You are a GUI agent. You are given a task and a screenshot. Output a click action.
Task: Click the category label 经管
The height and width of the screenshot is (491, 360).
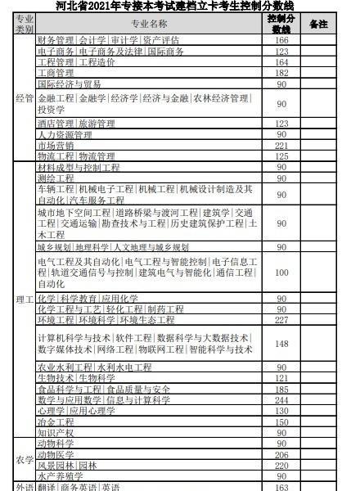25,98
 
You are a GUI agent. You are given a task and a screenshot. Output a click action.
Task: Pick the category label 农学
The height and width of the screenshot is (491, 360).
25,459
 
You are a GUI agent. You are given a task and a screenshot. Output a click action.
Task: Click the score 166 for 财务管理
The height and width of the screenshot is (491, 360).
281,40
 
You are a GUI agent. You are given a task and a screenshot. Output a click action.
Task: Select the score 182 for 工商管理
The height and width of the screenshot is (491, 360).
281,73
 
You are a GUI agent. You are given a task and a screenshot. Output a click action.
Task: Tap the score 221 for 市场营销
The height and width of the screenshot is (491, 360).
281,145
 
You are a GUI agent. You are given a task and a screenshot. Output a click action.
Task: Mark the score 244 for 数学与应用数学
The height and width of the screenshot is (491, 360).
281,400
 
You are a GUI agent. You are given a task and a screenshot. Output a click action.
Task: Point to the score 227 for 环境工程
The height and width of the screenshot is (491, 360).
281,320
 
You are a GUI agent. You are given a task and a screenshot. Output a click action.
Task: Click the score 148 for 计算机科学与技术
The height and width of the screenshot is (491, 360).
281,345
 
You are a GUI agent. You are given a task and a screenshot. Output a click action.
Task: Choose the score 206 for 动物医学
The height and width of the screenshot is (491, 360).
281,454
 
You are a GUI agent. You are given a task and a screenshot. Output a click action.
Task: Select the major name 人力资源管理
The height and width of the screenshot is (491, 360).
65,134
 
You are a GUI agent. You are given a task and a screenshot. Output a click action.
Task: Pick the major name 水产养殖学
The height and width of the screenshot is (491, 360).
61,475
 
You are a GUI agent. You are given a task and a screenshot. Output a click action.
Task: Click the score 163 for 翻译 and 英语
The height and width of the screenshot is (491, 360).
281,486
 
